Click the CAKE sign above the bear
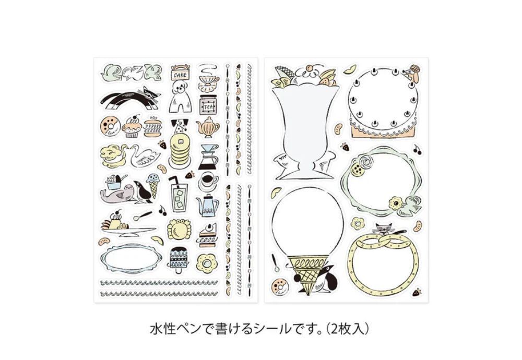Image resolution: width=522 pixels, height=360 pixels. pos(180,74)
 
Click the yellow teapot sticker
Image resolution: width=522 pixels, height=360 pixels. pos(208,127)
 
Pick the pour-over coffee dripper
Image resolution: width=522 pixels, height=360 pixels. pos(209,157)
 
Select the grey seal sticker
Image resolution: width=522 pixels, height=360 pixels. pos(118,194)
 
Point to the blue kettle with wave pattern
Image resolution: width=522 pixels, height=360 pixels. pos(208,204)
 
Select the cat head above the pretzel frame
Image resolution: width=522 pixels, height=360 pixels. pos(382,229)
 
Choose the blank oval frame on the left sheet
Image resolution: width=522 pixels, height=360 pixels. pos(130,259)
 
